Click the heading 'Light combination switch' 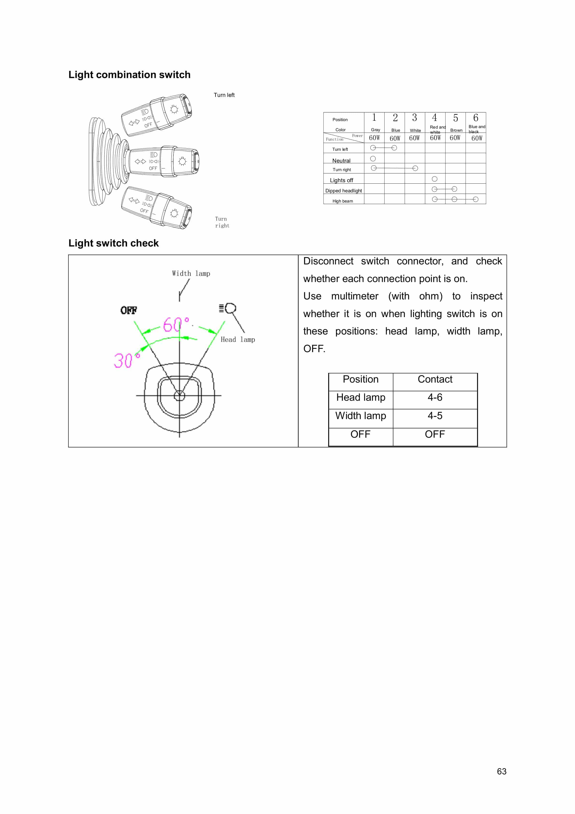pyautogui.click(x=129, y=75)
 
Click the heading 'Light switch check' pyautogui.click(x=114, y=243)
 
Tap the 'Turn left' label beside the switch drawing pyautogui.click(x=224, y=95)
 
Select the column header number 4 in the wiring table pyautogui.click(x=435, y=118)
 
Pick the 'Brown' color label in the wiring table pyautogui.click(x=456, y=130)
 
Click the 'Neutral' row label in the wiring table pyautogui.click(x=341, y=161)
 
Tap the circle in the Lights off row pyautogui.click(x=435, y=179)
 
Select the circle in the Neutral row pyautogui.click(x=373, y=159)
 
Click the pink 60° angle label pyautogui.click(x=176, y=324)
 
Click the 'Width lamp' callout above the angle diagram pyautogui.click(x=191, y=273)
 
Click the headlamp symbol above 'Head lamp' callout pyautogui.click(x=228, y=308)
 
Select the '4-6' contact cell pyautogui.click(x=435, y=397)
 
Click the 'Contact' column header pyautogui.click(x=435, y=379)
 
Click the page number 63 pyautogui.click(x=502, y=771)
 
